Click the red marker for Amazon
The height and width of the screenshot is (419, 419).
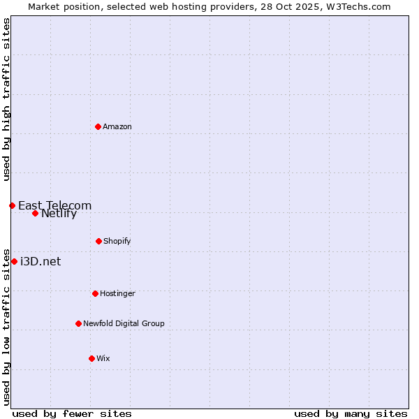[98, 126]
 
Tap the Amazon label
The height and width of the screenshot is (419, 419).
[117, 126]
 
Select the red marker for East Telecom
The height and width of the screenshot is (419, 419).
[12, 205]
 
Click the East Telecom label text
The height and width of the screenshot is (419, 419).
[54, 205]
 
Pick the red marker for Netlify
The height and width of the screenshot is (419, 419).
[35, 213]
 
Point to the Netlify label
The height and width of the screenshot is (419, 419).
[59, 214]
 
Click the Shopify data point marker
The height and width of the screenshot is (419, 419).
[98, 241]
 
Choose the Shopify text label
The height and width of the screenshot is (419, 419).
[117, 241]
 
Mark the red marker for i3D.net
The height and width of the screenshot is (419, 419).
[14, 261]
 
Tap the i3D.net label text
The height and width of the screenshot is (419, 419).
[41, 261]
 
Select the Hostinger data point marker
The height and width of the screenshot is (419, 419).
[95, 293]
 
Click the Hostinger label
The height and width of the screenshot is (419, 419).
[117, 293]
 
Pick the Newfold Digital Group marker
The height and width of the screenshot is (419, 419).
[78, 323]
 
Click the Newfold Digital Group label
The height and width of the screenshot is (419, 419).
[124, 323]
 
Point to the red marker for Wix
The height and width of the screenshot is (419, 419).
[91, 358]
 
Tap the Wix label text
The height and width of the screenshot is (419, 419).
[103, 358]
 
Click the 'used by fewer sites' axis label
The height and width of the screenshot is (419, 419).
[72, 413]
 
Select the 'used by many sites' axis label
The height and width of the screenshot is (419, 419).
[351, 413]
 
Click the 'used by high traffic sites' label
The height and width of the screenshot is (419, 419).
[7, 99]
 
